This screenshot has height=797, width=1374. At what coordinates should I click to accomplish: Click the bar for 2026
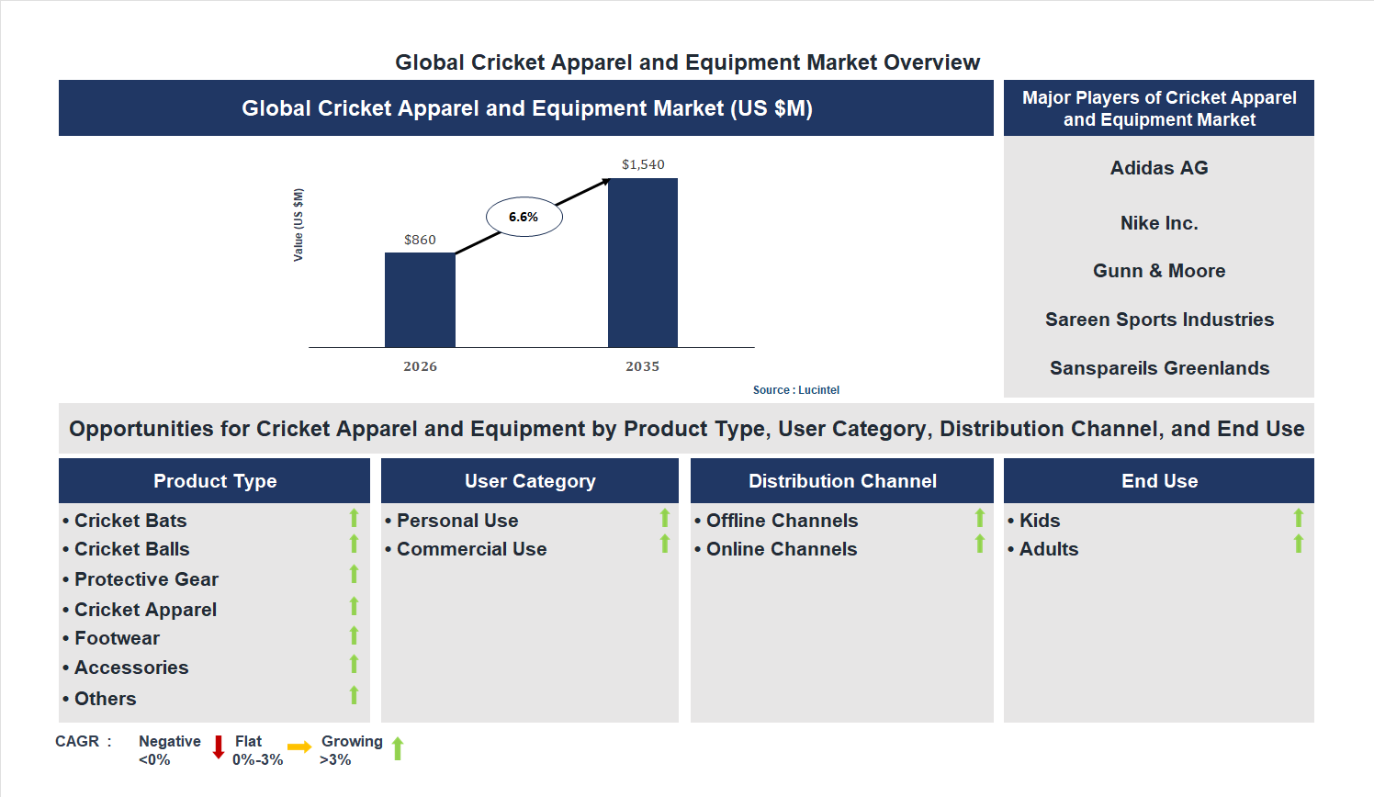(420, 299)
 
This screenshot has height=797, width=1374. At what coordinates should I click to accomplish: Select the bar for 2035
(643, 263)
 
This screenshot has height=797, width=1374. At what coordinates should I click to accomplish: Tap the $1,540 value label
(643, 164)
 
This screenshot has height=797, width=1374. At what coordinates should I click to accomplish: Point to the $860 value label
(420, 240)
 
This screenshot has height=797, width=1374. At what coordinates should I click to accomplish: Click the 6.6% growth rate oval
(524, 217)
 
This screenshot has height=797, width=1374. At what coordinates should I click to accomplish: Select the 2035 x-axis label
(643, 366)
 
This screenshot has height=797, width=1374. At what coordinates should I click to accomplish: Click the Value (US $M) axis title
(298, 225)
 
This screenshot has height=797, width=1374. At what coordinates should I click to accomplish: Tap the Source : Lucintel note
(796, 390)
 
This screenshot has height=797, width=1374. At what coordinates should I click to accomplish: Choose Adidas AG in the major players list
(1159, 168)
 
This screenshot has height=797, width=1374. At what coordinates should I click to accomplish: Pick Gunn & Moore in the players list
(1159, 271)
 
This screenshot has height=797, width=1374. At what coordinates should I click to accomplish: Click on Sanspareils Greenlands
(1159, 368)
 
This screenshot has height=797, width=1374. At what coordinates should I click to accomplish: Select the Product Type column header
(215, 481)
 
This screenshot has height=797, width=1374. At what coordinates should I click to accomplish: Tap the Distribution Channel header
(842, 481)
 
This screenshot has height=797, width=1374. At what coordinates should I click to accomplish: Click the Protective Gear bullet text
(146, 579)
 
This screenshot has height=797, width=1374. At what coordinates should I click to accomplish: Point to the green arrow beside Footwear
(354, 635)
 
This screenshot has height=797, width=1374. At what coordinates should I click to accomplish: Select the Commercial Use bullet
(471, 549)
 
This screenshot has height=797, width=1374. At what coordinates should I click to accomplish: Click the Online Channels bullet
(782, 549)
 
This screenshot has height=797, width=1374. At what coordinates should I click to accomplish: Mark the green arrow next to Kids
(1299, 518)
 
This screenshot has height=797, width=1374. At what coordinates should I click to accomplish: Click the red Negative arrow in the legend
(219, 746)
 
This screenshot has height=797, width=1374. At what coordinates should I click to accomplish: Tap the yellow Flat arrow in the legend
(299, 747)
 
